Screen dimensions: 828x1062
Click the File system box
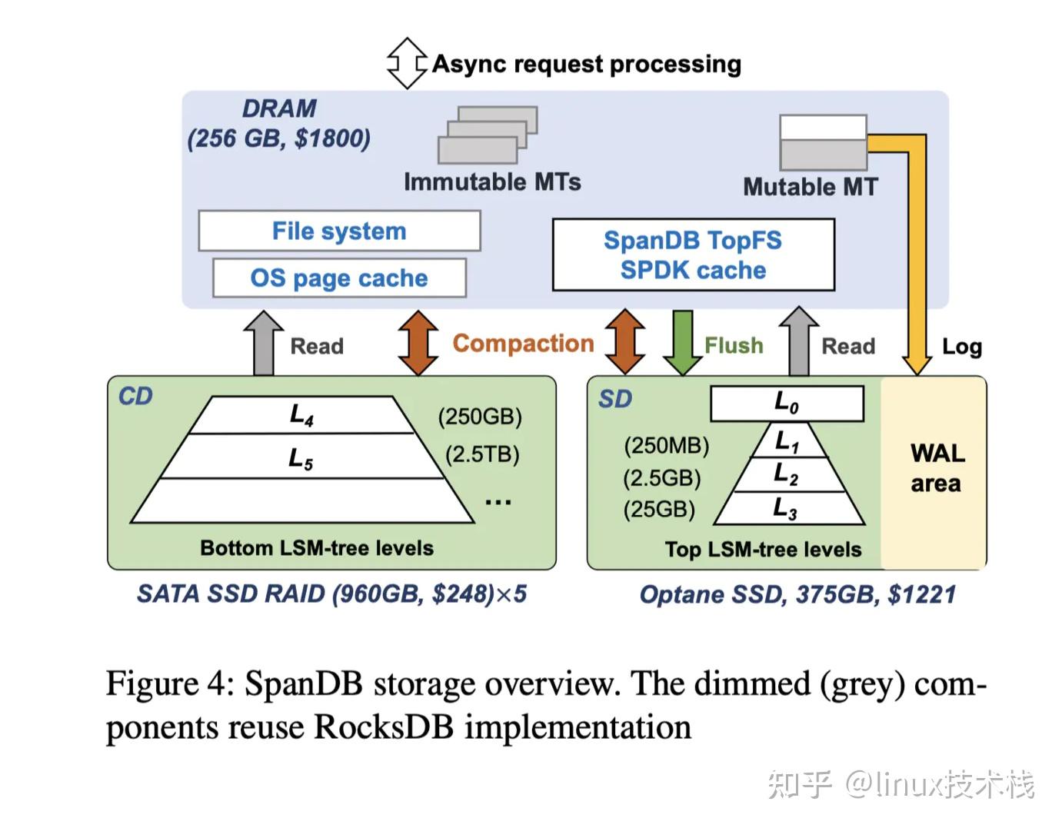tap(339, 231)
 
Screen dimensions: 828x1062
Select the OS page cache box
tap(339, 278)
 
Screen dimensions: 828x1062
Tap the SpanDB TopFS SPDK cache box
tap(693, 255)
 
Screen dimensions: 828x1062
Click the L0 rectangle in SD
tap(787, 403)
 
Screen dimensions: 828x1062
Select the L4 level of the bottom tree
tap(301, 415)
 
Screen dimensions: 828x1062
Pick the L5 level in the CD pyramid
tap(301, 458)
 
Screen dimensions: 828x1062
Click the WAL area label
tap(937, 467)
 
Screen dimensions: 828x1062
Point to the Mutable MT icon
tap(823, 143)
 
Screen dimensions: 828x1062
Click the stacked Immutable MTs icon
tap(488, 135)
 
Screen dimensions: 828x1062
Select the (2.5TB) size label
tap(482, 454)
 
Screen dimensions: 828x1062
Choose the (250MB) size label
tap(666, 446)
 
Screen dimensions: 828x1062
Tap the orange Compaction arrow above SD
tap(624, 342)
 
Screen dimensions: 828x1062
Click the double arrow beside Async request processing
tap(407, 63)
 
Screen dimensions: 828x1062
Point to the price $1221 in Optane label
tap(921, 594)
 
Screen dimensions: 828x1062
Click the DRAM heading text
tap(279, 108)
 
